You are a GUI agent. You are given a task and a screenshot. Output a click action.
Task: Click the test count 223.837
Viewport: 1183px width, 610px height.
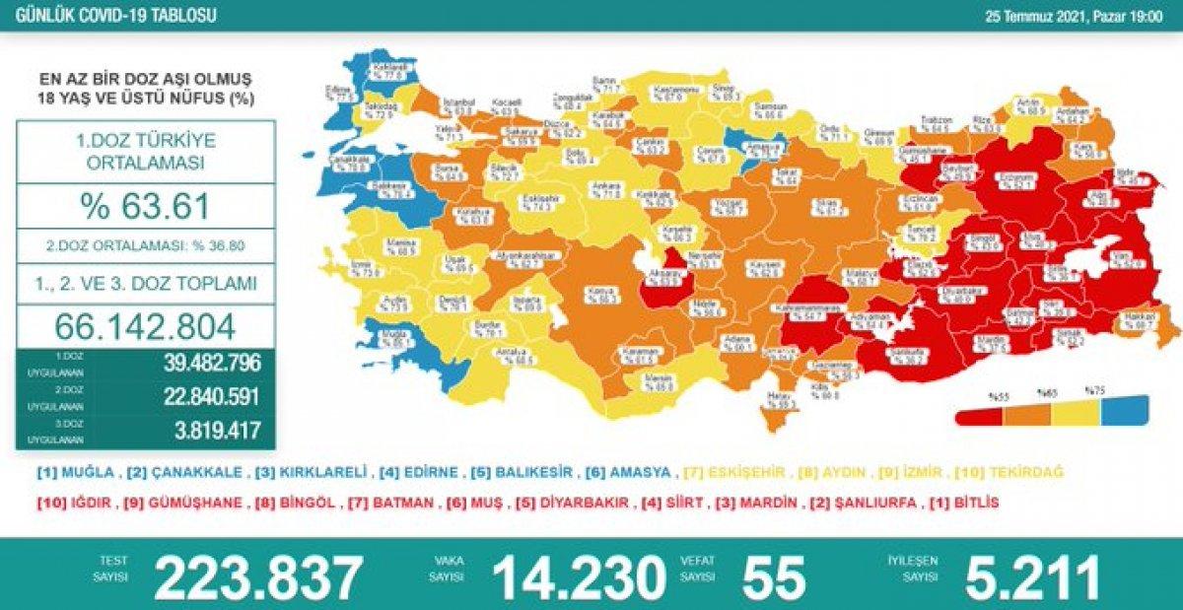coord(258,577)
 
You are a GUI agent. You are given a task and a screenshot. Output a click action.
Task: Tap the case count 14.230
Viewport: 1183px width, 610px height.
coord(579,577)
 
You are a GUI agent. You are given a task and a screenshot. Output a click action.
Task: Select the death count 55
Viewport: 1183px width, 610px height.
coord(774,577)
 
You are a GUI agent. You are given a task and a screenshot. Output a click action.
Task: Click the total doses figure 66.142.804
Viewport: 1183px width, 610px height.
coord(146,326)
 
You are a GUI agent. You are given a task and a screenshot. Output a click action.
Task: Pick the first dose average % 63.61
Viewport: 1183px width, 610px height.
coord(145,207)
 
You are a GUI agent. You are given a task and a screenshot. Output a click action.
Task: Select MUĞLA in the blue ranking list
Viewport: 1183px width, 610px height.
coord(90,473)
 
